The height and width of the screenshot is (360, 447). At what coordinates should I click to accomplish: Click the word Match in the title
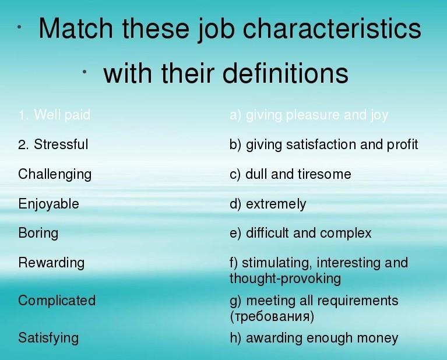(x=76, y=28)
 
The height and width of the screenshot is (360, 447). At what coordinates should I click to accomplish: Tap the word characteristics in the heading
(x=332, y=28)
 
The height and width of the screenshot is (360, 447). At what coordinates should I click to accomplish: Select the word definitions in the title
(x=285, y=73)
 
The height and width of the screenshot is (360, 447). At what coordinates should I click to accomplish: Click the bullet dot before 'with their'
(x=85, y=72)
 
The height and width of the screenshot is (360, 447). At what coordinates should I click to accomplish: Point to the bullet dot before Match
(x=19, y=27)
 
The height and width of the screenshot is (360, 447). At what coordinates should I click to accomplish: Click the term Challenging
(x=55, y=174)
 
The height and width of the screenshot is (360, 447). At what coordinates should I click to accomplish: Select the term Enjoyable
(x=48, y=204)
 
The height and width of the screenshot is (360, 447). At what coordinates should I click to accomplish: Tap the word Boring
(x=38, y=233)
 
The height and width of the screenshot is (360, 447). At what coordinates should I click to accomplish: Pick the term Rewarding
(x=51, y=263)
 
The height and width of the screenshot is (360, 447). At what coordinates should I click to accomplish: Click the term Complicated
(x=57, y=301)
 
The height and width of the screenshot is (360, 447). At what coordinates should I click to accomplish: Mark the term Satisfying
(x=48, y=338)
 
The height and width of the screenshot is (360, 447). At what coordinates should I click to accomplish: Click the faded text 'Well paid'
(x=62, y=115)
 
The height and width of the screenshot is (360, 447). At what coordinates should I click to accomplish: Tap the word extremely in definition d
(x=276, y=204)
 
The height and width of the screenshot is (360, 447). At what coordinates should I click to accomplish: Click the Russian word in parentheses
(x=272, y=316)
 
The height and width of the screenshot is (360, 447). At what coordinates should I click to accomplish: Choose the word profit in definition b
(x=402, y=144)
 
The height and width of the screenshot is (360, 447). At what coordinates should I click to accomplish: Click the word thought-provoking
(x=285, y=279)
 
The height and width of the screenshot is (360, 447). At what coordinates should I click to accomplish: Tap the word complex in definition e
(x=346, y=234)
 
